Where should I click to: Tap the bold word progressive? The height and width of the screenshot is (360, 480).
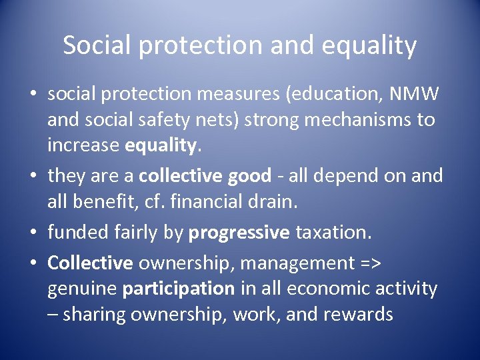239,233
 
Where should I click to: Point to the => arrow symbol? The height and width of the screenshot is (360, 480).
369,263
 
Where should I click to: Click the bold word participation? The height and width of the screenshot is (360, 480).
178,289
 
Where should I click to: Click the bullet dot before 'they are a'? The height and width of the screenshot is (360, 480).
33,177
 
